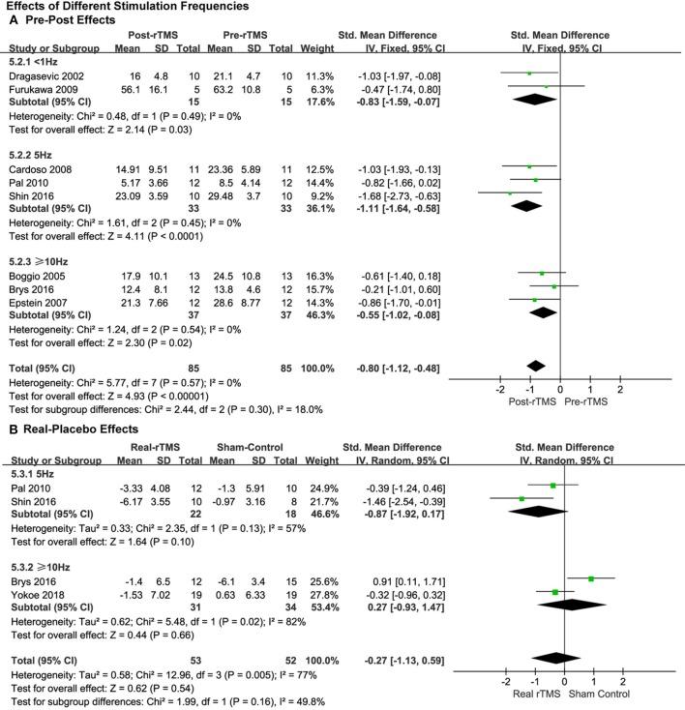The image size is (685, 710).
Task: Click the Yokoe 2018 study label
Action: tap(37, 591)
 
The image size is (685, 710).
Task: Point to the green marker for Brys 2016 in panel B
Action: tap(590, 578)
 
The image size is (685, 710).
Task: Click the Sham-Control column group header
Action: tap(260, 459)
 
